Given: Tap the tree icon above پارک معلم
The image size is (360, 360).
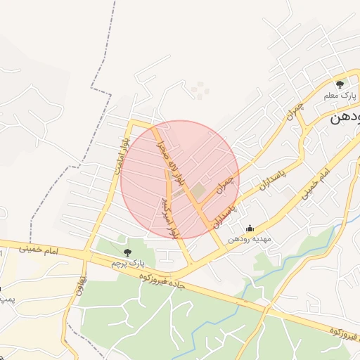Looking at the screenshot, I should click(x=340, y=85).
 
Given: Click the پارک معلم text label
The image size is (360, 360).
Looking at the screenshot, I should click(x=335, y=95).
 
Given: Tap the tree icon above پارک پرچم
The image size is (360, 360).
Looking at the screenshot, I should click(x=127, y=252).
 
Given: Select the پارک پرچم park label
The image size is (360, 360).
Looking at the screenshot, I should click(x=127, y=262).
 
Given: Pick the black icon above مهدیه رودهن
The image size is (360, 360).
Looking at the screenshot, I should click(x=250, y=228).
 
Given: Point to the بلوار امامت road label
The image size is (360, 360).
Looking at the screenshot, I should click(x=119, y=155).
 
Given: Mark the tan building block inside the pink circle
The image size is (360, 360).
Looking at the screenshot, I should click(x=198, y=190).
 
